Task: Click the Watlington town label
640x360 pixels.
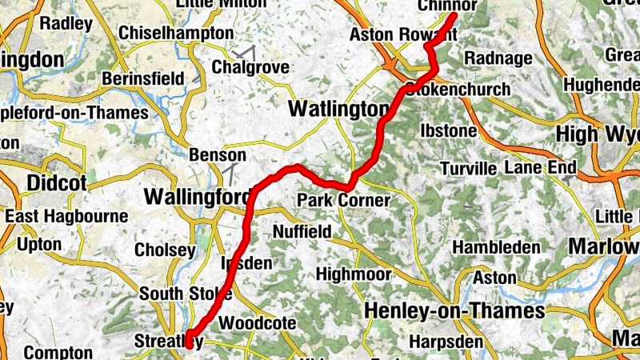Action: [338, 108]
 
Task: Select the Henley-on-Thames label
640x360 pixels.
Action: [454, 310]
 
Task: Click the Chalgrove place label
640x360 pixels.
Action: [250, 67]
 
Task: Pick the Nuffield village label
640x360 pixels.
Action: [302, 232]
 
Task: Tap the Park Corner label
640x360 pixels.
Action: [343, 200]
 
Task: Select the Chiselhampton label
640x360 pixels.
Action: [176, 33]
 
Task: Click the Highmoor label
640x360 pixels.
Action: [354, 274]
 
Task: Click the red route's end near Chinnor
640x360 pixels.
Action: [454, 14]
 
